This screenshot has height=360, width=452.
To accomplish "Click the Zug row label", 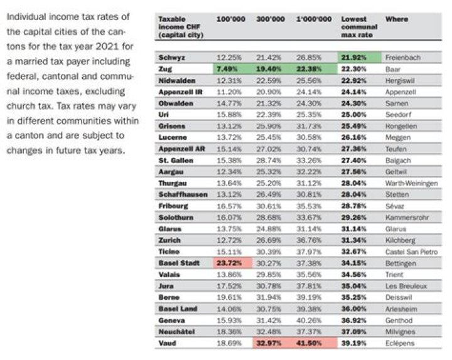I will point(166,69).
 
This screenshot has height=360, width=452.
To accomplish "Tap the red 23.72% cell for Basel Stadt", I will point(230,263).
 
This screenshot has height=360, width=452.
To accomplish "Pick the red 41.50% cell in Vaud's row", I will point(314,343).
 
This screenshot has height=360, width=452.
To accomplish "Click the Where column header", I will point(396,19).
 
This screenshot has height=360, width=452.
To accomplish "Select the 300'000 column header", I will point(269,19).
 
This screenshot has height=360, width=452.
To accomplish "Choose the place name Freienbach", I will point(402,58).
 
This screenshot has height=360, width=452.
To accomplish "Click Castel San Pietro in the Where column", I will point(411,251).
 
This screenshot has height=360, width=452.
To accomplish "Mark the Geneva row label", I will point(170,320).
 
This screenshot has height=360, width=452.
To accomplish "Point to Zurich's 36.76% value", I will point(314,240).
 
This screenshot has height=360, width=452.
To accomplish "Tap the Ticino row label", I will point(169,251).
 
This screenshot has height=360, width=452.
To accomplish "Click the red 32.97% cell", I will point(271,343).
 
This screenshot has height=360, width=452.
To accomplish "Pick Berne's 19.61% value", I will point(230,297).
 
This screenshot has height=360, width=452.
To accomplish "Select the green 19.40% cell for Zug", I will point(271,69).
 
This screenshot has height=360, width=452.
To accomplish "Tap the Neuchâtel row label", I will point(175,331).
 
